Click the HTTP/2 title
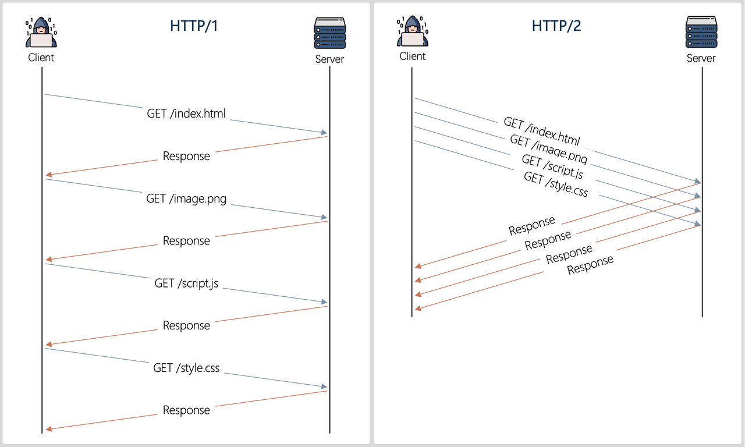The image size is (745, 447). point(556,26)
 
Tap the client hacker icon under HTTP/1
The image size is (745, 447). point(41,33)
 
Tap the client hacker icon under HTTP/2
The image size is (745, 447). point(412,31)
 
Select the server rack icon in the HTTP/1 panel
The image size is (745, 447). point(329,33)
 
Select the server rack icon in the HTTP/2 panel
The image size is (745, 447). point(701,33)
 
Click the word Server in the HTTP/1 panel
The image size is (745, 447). point(329,59)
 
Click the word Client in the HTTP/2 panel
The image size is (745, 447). point(412,56)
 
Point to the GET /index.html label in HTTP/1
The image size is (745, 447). point(186,113)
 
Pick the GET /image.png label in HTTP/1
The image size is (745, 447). point(186,198)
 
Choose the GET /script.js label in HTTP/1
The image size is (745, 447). point(186,283)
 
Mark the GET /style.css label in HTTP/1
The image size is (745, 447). point(186,368)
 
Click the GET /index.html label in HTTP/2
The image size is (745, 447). point(542,131)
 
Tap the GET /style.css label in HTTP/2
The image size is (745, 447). point(556,183)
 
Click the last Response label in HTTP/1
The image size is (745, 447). point(186,410)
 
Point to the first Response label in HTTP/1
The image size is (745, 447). point(186,156)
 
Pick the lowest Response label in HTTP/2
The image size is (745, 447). point(590,265)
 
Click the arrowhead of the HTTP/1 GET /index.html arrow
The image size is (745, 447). point(324,133)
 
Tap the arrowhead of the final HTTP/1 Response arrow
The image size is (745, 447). point(49,429)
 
